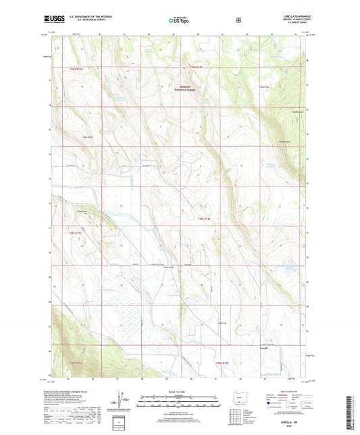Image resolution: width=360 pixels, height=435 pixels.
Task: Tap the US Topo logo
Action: tap(179, 21)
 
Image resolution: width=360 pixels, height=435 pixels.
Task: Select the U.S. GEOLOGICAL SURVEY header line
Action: tap(89, 22)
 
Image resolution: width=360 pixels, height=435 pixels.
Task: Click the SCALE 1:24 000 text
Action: tap(178, 392)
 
